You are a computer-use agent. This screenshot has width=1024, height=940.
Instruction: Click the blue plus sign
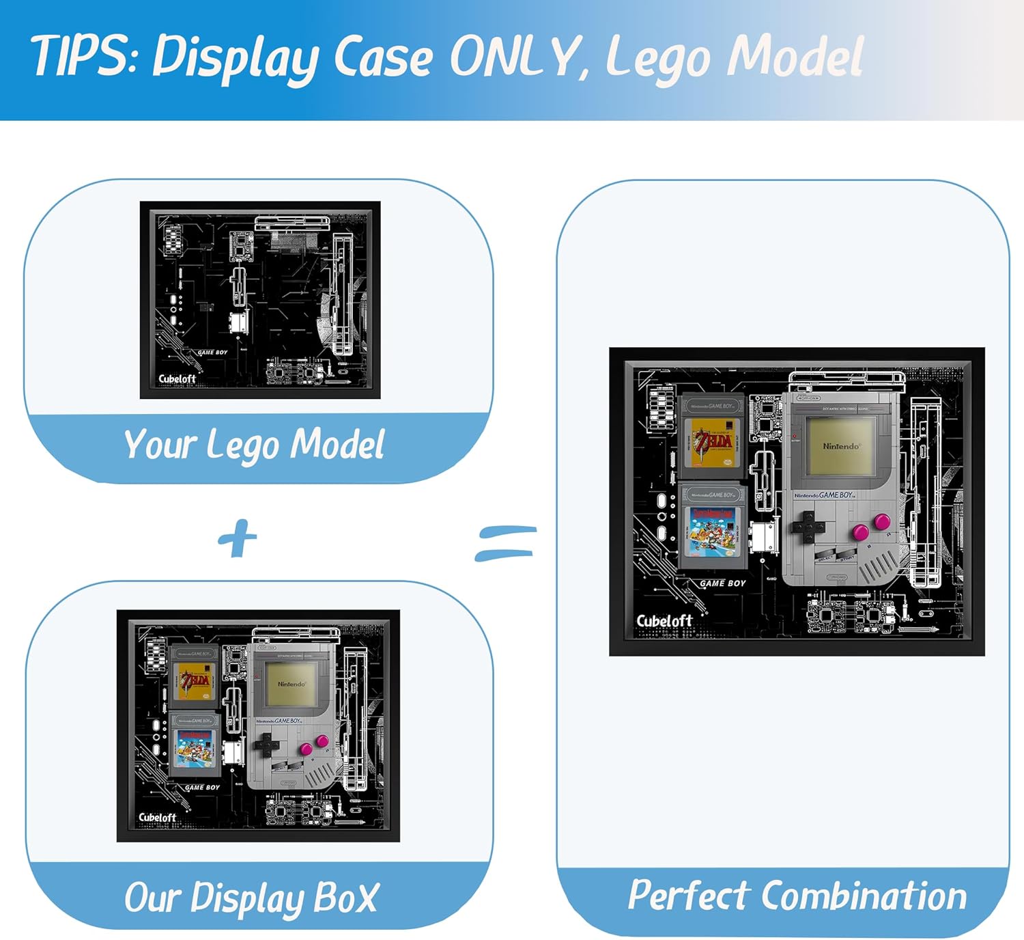pos(237,538)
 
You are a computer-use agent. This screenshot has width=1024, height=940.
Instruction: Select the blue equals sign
pos(506,543)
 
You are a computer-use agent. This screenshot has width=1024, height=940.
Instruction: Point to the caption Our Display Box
pos(251,898)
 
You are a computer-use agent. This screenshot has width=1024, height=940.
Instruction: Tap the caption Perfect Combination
pos(797,895)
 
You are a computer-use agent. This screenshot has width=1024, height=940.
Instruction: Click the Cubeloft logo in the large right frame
pos(664,621)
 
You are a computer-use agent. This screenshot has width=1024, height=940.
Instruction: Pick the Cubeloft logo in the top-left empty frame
pos(177,378)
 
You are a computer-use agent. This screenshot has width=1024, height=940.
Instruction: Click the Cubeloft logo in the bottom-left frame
pos(157,817)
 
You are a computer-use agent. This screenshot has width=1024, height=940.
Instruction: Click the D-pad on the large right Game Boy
pos(808,526)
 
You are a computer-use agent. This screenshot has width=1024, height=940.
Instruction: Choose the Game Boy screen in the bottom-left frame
pos(291,684)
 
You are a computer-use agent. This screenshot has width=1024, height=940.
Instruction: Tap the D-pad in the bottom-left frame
pos(266,744)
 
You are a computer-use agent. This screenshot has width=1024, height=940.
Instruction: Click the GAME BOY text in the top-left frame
pos(212,352)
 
